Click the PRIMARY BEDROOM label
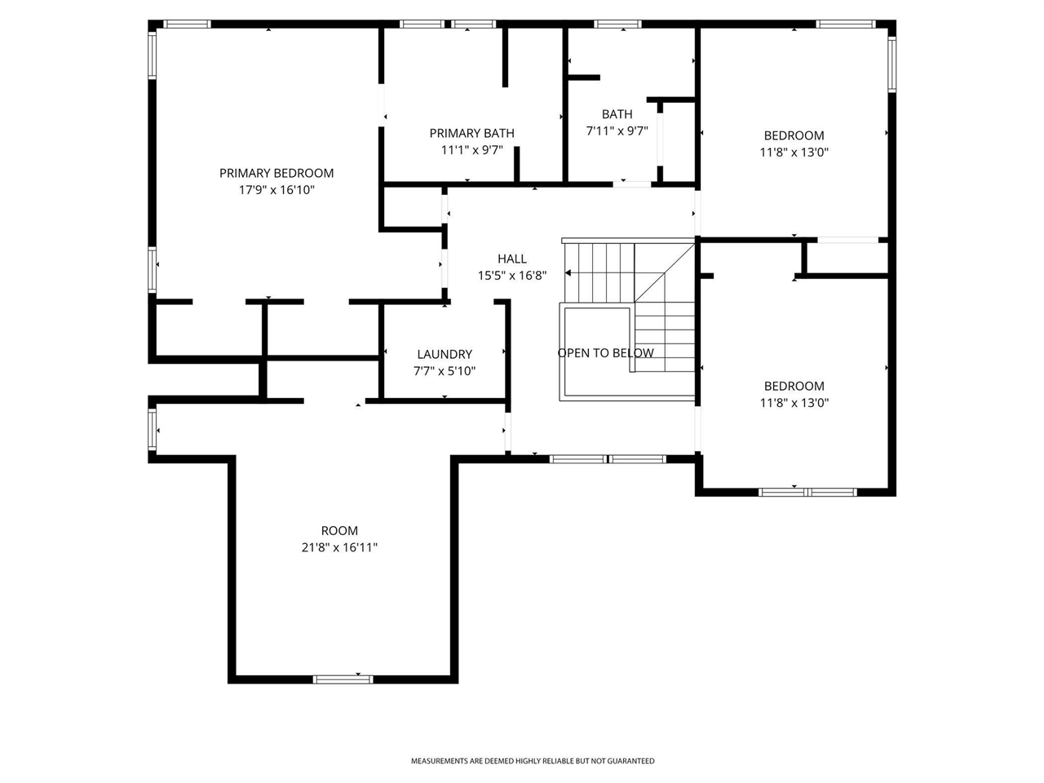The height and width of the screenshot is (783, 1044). click(276, 173)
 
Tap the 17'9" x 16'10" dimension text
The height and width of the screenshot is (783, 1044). click(276, 190)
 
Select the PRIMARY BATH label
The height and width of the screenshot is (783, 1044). click(471, 133)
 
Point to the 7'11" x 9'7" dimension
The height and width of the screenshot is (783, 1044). click(617, 130)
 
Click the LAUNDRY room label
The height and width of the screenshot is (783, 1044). click(445, 354)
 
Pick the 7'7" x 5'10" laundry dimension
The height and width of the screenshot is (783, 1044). click(445, 371)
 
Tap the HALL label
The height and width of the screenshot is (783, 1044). click(511, 259)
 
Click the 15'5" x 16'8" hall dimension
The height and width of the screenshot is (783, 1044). click(511, 275)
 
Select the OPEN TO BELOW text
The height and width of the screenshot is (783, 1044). click(605, 352)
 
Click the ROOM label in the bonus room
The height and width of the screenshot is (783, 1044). click(339, 530)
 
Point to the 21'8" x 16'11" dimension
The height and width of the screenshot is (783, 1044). click(339, 547)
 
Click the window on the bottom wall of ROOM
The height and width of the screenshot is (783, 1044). click(343, 679)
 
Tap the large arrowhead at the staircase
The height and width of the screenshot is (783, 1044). click(568, 273)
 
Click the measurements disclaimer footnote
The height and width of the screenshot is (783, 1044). click(533, 761)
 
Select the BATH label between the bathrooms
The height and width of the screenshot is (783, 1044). click(617, 114)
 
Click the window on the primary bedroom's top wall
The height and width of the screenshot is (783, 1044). click(187, 24)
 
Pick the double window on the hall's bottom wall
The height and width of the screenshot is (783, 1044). click(608, 458)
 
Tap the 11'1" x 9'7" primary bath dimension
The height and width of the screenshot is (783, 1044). click(471, 150)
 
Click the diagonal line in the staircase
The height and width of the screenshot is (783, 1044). click(665, 273)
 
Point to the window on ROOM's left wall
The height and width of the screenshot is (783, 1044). click(153, 430)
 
